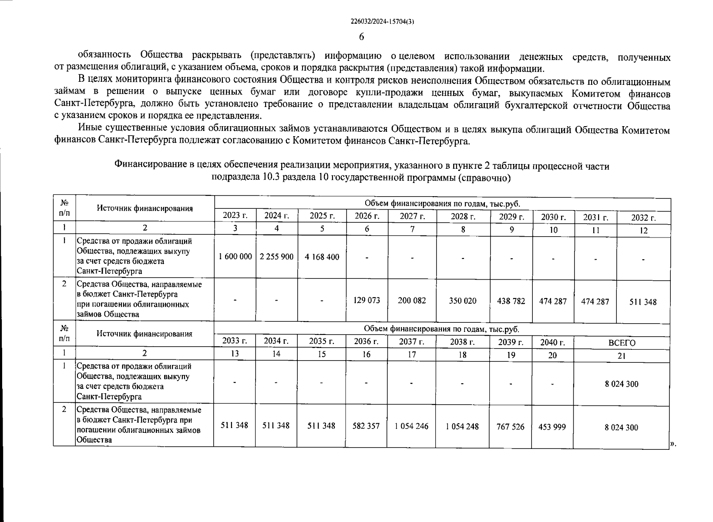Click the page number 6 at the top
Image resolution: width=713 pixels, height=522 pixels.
[x=361, y=37]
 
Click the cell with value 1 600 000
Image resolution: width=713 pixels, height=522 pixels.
[x=235, y=257]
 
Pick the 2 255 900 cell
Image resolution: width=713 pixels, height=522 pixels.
[x=276, y=257]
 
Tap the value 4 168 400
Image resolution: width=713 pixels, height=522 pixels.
[x=322, y=257]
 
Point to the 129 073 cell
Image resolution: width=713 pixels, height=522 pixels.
[x=367, y=301]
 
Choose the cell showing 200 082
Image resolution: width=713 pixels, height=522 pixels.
[x=412, y=301]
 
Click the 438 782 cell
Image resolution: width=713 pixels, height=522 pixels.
[x=511, y=301]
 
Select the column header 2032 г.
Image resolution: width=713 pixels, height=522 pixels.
[x=643, y=218]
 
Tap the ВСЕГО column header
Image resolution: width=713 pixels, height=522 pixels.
[x=622, y=343]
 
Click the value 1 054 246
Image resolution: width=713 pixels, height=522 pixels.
[x=411, y=426]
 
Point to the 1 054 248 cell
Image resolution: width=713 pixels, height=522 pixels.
[x=462, y=427]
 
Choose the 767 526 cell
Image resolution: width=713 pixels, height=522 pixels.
[x=511, y=427]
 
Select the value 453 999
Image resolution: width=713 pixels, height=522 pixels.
[x=552, y=427]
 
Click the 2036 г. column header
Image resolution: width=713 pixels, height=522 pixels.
[x=367, y=341]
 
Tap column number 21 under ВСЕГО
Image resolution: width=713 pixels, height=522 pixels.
[x=622, y=356]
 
